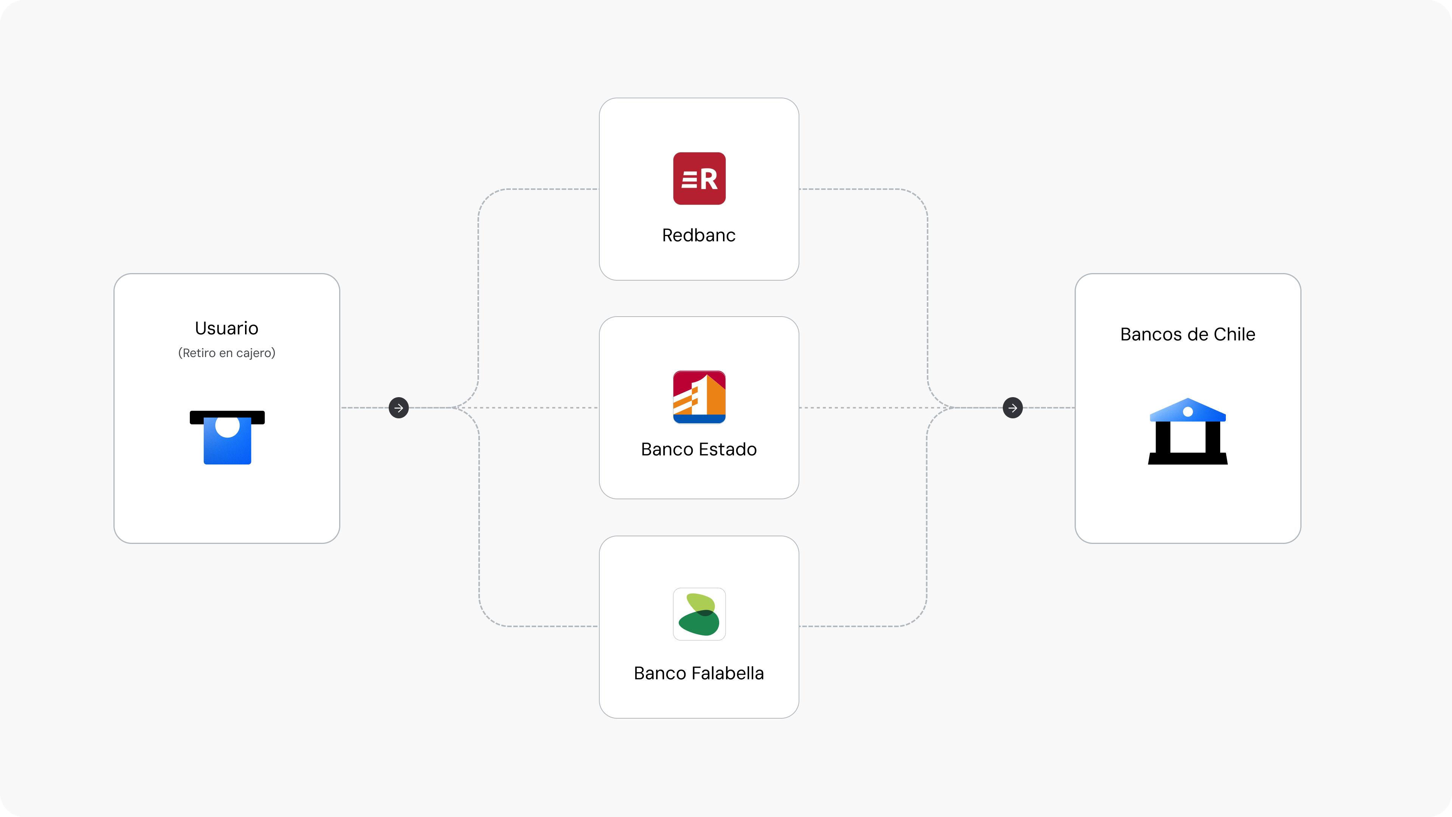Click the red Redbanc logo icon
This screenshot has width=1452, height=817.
point(699,178)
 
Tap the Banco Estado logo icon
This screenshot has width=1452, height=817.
point(699,397)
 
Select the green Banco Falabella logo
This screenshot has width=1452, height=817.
point(699,614)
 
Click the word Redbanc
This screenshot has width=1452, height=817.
point(699,235)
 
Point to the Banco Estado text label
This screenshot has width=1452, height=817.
point(699,449)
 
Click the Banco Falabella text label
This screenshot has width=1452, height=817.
point(699,673)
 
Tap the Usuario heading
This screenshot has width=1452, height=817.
point(226,328)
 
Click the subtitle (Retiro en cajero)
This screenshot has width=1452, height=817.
point(226,353)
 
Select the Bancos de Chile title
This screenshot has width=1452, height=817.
point(1188,334)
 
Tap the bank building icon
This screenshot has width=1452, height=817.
point(1188,431)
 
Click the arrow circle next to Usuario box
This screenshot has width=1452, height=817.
point(399,408)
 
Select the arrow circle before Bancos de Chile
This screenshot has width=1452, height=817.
point(1013,408)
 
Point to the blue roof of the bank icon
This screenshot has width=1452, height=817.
point(1188,410)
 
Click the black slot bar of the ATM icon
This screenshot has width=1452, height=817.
point(227,417)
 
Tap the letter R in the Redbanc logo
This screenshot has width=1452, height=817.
point(709,179)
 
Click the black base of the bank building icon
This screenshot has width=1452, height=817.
point(1188,458)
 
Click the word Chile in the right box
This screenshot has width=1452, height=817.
point(1235,334)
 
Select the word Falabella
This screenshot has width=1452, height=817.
point(728,673)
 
